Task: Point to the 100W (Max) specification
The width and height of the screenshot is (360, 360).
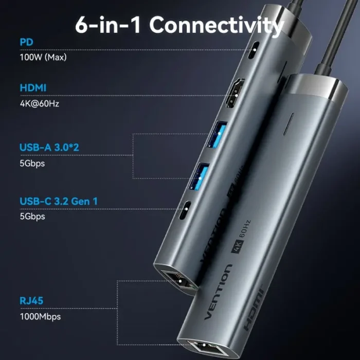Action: tap(43, 57)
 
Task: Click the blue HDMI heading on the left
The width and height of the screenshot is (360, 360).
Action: tap(33, 88)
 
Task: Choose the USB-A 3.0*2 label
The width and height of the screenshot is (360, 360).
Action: tap(49, 148)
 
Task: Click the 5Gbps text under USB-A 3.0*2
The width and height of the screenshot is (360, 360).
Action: tap(32, 164)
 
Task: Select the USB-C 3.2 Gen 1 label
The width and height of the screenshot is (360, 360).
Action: tap(58, 201)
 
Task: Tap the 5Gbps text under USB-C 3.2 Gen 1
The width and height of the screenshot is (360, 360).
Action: tap(32, 217)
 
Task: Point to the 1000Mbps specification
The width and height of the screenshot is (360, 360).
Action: tap(40, 316)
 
